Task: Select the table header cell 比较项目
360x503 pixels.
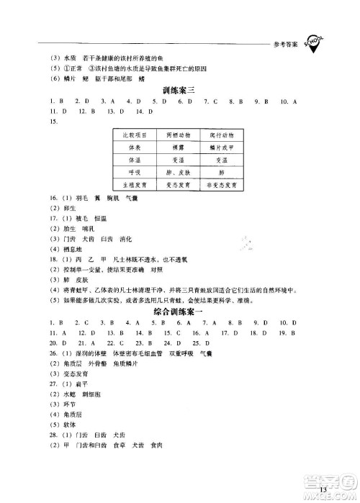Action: (x=137, y=135)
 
